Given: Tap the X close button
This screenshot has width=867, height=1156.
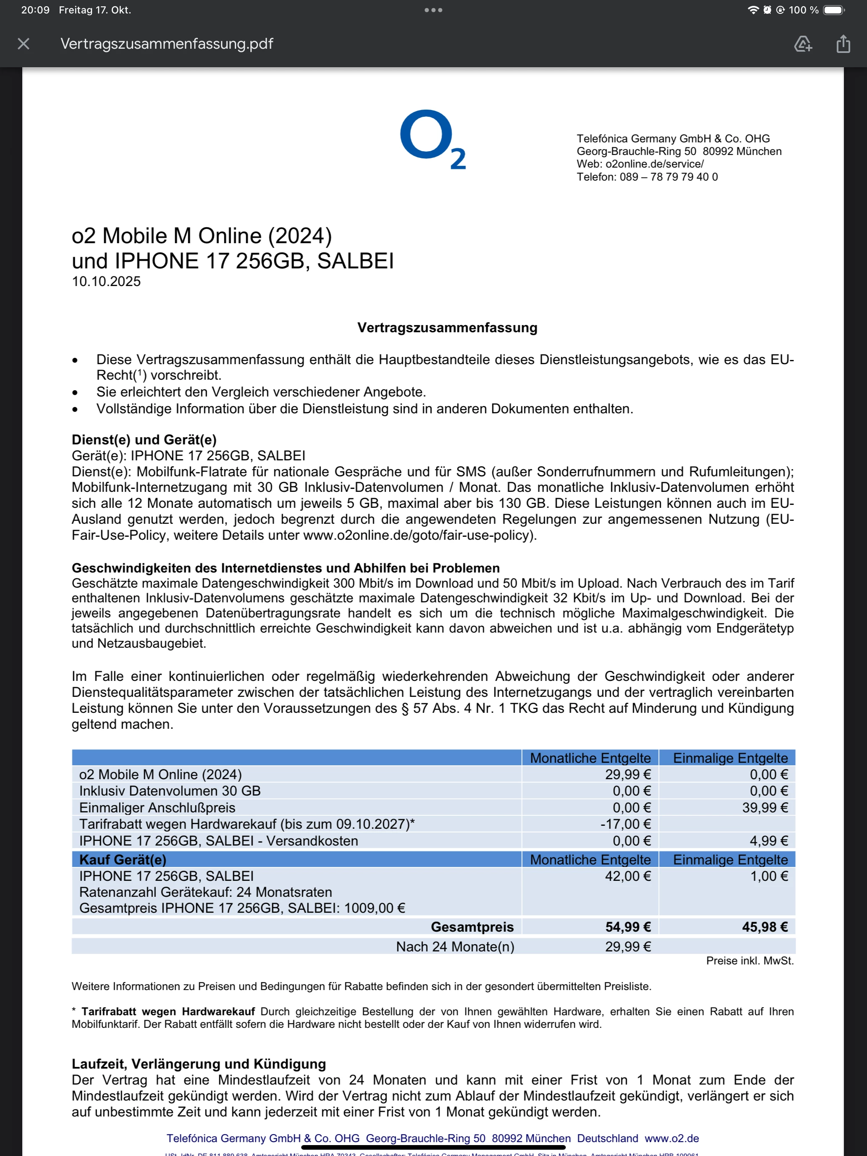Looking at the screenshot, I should [24, 44].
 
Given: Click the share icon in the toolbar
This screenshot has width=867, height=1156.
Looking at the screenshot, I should [843, 44].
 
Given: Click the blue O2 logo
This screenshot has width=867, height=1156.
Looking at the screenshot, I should [433, 139].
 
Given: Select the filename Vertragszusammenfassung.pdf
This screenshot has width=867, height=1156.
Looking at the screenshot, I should [167, 44].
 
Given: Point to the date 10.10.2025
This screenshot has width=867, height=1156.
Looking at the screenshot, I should [106, 282].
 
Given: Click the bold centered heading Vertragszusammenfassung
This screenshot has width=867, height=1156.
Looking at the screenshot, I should [447, 328].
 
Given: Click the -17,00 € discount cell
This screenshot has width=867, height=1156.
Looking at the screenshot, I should [625, 824].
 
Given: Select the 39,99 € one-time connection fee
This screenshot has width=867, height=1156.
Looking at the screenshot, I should [765, 807].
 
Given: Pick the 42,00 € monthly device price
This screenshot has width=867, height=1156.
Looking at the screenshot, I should [628, 876].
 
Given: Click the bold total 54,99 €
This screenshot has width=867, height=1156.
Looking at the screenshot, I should [628, 927].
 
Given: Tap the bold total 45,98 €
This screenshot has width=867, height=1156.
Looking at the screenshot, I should [765, 927].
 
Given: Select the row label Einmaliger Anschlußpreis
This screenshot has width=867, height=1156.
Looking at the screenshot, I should [157, 807].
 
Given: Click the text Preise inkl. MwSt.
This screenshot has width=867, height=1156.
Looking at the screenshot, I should [749, 961].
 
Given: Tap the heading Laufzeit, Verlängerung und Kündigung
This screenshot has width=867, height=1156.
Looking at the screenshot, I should [199, 1064].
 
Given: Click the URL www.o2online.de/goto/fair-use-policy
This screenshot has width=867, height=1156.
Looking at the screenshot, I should [418, 535].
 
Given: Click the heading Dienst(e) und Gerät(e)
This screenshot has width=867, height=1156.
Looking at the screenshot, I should [144, 439].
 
